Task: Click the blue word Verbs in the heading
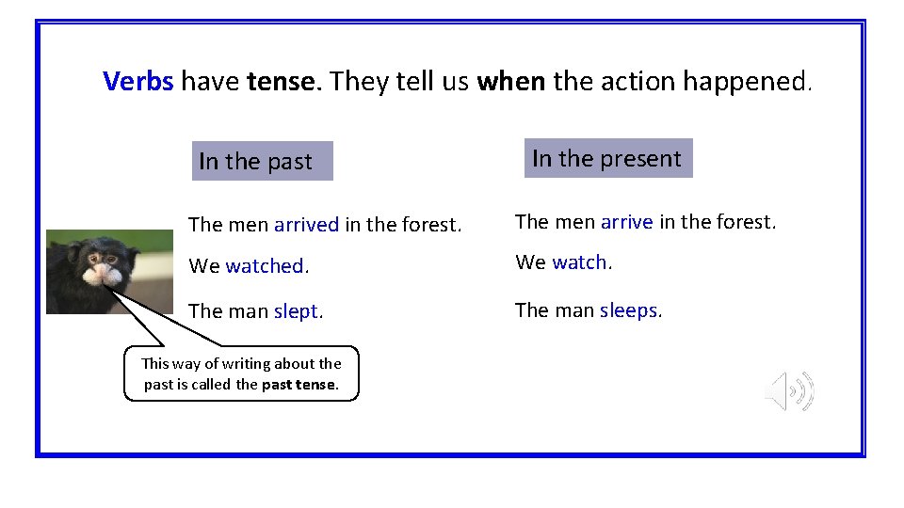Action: tap(138, 82)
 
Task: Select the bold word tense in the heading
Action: tap(282, 82)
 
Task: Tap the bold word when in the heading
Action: tap(510, 82)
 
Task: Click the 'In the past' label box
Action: tap(262, 161)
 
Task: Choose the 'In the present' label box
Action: tap(606, 158)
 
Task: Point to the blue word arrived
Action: tap(306, 225)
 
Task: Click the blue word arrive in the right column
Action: tap(626, 222)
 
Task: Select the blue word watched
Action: tap(264, 266)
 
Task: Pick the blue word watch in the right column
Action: tap(579, 262)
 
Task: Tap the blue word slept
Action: tap(296, 311)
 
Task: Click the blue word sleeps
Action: tap(628, 310)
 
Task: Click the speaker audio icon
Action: tap(789, 390)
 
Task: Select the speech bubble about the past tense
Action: tap(241, 373)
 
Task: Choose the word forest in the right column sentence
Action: tap(744, 222)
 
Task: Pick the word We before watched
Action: tap(203, 266)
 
